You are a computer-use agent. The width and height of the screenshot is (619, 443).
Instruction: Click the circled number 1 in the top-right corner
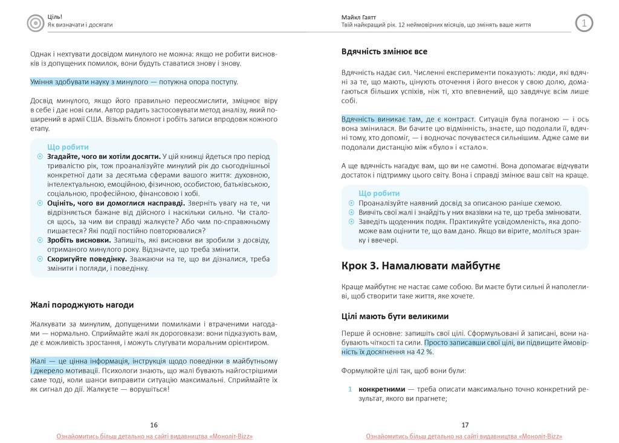click(x=584, y=23)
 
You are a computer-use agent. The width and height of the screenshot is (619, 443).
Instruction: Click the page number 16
click(x=154, y=425)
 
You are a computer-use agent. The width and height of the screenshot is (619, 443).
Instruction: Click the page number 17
click(x=465, y=425)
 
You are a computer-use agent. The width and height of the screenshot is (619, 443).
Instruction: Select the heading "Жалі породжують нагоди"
click(x=82, y=305)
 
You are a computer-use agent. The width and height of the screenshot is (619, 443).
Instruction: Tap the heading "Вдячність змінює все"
click(x=384, y=51)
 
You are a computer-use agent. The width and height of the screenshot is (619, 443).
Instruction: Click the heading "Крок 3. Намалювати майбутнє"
click(x=420, y=265)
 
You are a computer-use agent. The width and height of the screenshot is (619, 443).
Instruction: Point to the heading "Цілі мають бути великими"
click(x=395, y=316)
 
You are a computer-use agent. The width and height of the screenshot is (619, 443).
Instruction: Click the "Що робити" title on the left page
click(x=68, y=147)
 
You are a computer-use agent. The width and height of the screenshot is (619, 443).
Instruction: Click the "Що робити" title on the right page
click(x=379, y=193)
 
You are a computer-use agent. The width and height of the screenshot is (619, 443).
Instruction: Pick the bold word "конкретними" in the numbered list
click(x=381, y=389)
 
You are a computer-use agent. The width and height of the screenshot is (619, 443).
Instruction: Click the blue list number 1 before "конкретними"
click(x=350, y=389)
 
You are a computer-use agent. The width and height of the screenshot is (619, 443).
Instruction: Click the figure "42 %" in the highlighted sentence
click(x=424, y=352)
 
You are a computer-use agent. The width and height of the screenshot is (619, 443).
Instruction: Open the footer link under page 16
click(x=154, y=436)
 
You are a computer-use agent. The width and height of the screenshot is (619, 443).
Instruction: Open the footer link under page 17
click(x=464, y=436)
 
